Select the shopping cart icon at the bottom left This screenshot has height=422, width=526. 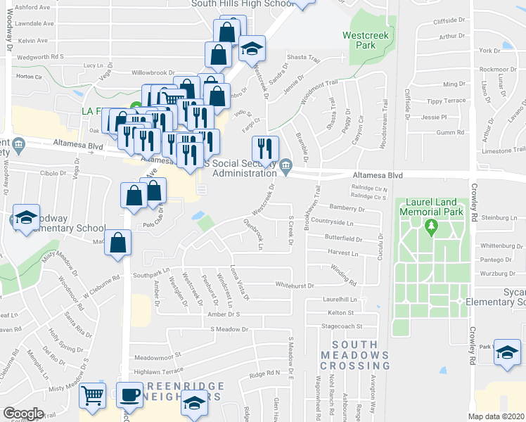click(x=92, y=396)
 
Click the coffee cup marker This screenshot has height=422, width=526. click(x=129, y=396)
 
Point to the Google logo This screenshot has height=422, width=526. click(x=23, y=413)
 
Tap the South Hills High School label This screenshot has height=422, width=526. click(x=242, y=4)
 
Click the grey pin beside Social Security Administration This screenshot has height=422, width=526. click(x=286, y=167)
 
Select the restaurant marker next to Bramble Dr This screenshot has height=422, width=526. click(x=266, y=148)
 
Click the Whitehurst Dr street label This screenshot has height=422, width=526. click(x=294, y=285)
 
